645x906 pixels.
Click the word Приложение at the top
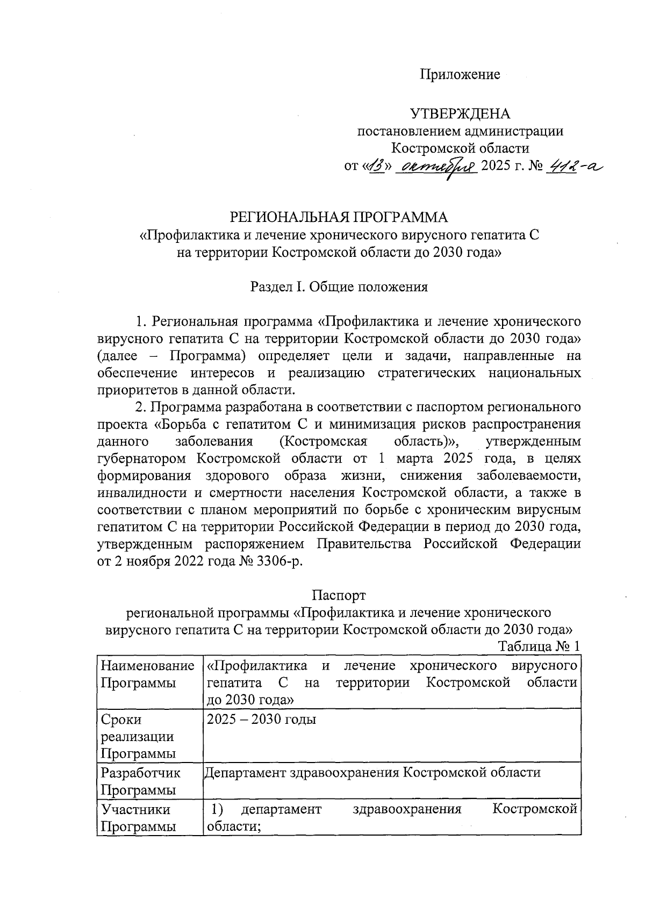point(460,75)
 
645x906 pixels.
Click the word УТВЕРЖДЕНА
point(460,114)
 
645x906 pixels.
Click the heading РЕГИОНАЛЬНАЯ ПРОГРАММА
point(339,217)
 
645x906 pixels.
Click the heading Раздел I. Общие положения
point(339,286)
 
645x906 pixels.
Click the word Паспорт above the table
point(339,595)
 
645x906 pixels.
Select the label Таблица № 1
point(539,646)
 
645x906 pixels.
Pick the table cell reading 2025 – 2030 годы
point(262,719)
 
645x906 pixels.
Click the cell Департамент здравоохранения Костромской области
point(372,773)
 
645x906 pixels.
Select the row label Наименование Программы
point(147,674)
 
